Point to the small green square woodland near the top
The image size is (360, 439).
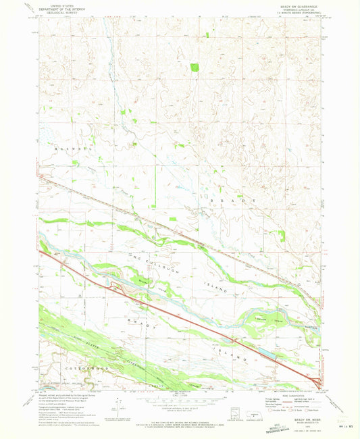pos(195,68)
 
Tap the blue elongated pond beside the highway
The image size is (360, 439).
pos(268,352)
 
